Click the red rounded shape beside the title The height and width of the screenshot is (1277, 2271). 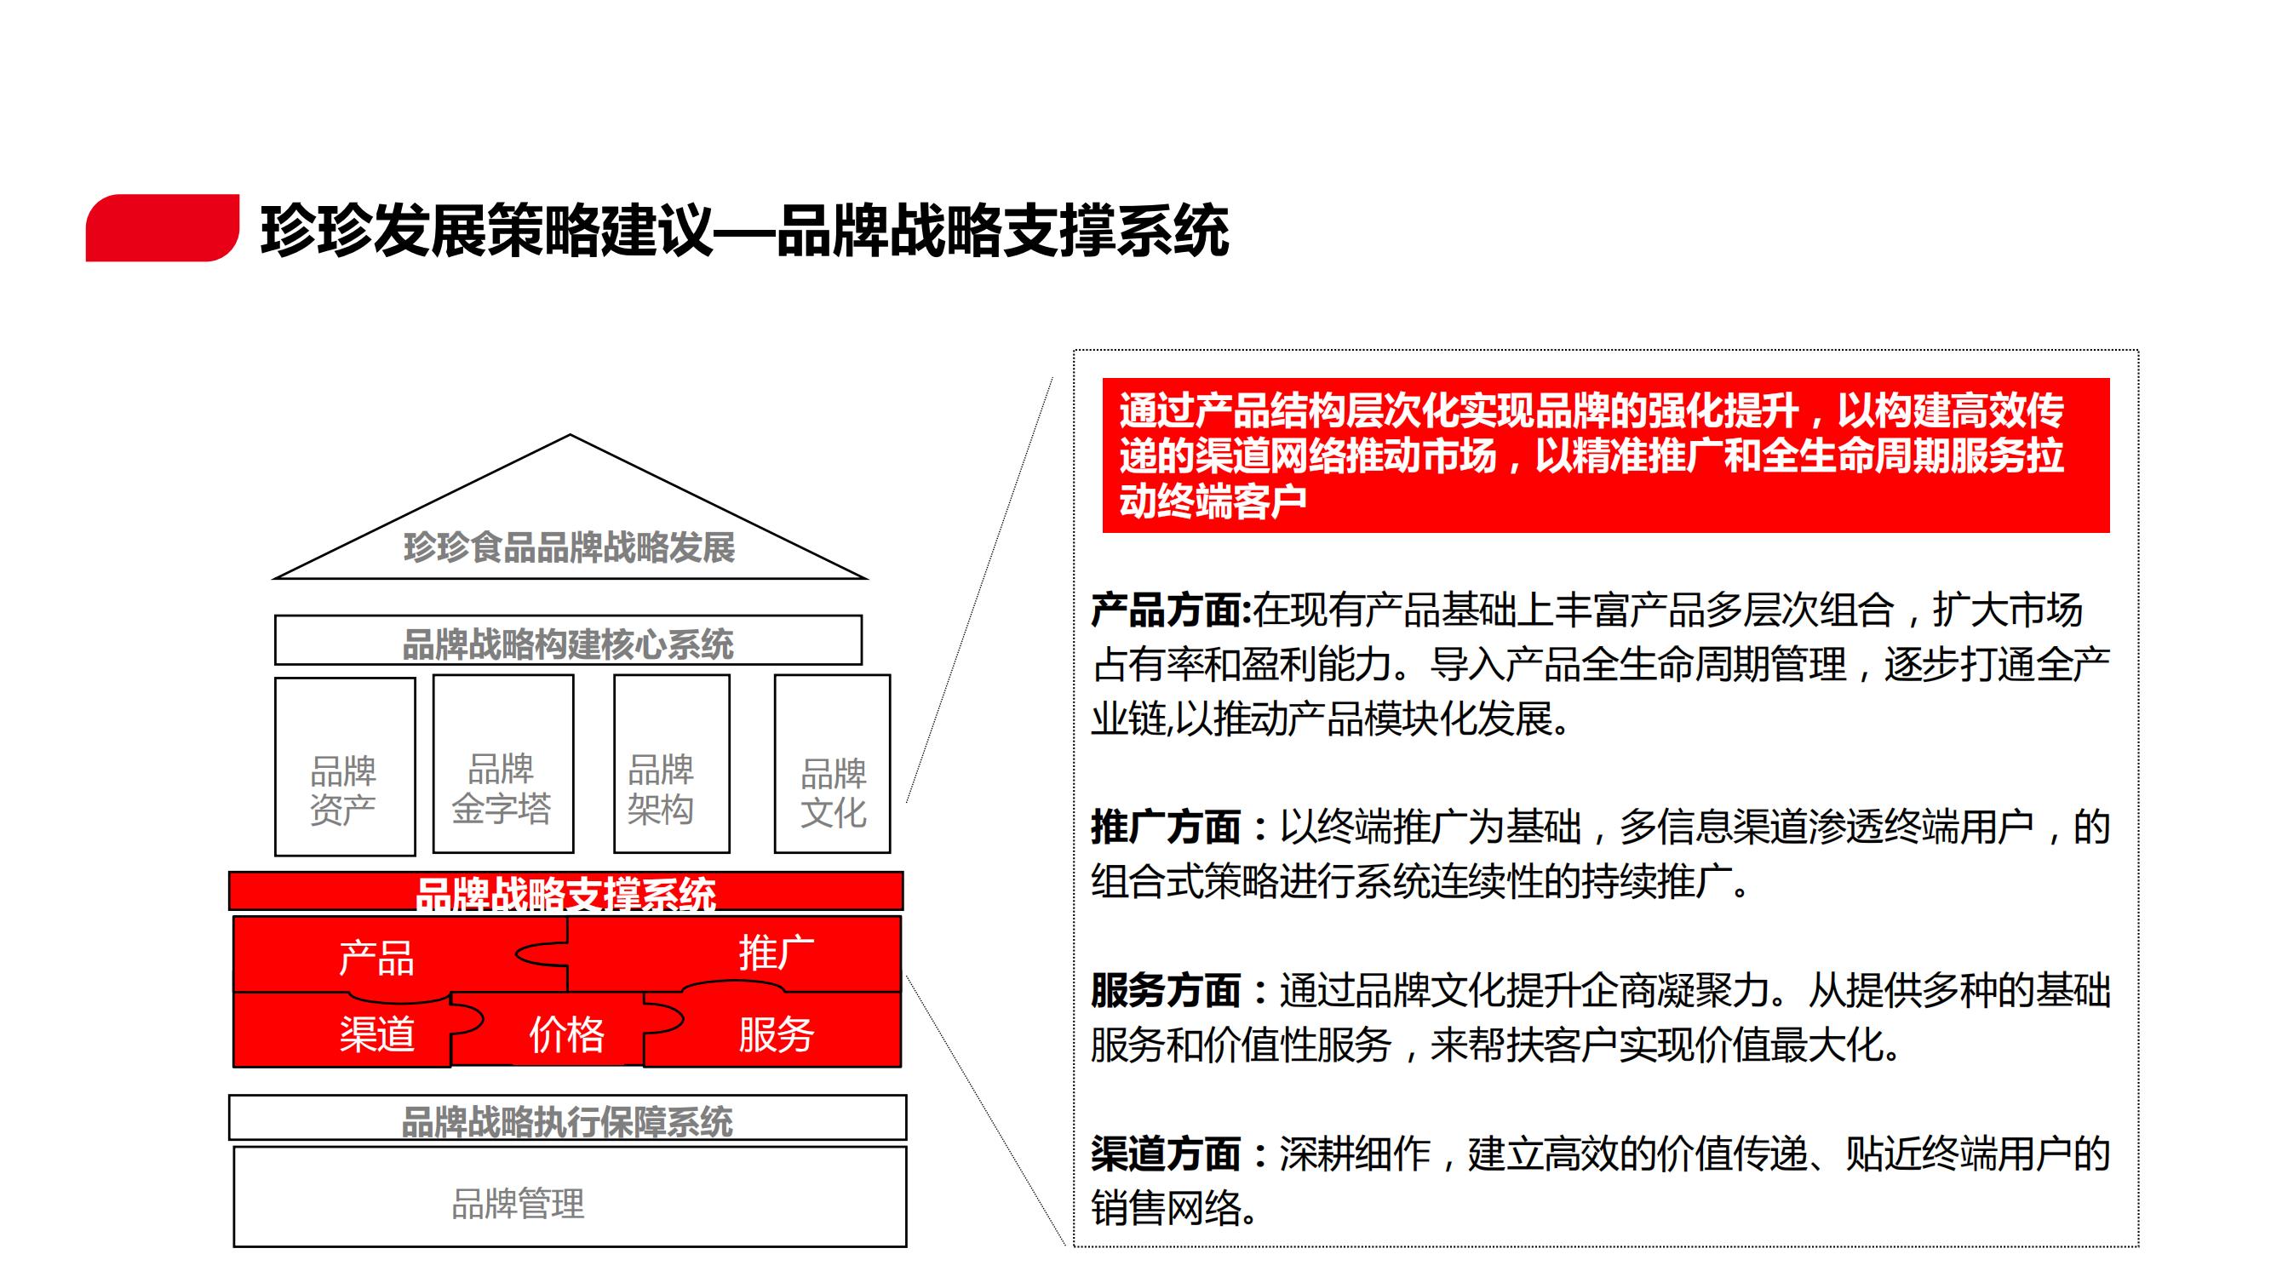click(162, 227)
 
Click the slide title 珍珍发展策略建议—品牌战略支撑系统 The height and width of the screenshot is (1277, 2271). click(745, 231)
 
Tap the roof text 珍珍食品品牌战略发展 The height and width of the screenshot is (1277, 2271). click(570, 548)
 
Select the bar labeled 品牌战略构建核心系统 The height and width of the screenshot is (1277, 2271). click(569, 640)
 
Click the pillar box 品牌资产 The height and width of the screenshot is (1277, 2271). click(345, 766)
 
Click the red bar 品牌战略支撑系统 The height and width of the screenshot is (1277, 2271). click(566, 891)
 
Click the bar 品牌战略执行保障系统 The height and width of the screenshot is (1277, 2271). click(568, 1118)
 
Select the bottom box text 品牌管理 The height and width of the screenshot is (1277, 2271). click(519, 1204)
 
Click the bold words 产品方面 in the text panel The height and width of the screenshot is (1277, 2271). click(1171, 610)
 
